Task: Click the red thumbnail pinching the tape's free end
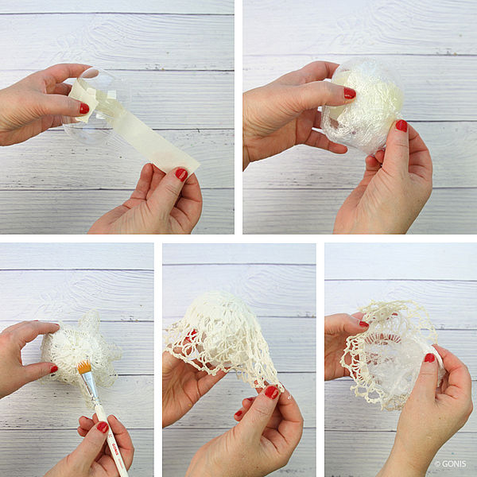[181, 174]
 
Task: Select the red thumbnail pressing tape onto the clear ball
[84, 109]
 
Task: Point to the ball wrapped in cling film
[363, 107]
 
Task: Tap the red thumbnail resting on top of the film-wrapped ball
[350, 93]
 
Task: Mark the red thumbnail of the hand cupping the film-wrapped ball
[401, 126]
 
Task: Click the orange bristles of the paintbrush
[84, 366]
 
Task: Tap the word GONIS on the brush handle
[115, 448]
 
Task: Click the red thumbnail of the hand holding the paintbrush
[103, 427]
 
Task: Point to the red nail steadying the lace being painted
[54, 369]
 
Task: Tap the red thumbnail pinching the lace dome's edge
[271, 392]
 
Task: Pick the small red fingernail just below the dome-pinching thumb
[238, 413]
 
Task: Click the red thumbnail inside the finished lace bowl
[429, 358]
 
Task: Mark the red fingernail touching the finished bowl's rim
[364, 324]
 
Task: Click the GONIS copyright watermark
[450, 463]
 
